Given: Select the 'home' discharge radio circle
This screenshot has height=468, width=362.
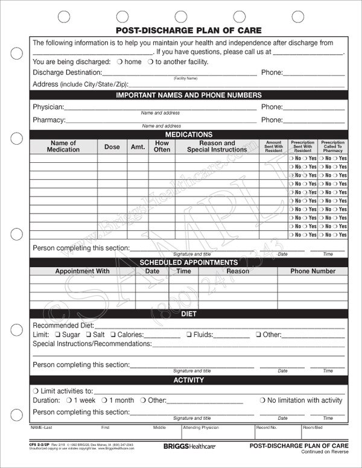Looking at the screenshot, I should point(120,62).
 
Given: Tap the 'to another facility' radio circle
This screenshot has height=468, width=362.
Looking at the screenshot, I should point(150,62).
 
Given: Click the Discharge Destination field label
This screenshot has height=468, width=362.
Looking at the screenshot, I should point(66,72).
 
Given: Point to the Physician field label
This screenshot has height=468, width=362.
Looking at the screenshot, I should point(48,107).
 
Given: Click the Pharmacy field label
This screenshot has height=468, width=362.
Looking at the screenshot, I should point(48,120).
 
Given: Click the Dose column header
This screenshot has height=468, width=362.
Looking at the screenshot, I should point(112,147).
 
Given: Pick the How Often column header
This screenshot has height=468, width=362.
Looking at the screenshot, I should point(162,146).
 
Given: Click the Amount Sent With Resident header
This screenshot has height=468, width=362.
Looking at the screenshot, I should point(274,146).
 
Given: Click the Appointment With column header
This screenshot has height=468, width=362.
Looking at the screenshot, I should point(82,271).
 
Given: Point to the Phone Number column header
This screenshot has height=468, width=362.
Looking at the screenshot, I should point(313,271).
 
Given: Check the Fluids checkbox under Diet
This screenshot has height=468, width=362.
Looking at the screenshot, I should point(189,334).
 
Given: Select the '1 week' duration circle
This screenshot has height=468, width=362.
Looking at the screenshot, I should point(69,400).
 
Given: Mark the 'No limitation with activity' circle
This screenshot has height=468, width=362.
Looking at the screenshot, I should point(263,400).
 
